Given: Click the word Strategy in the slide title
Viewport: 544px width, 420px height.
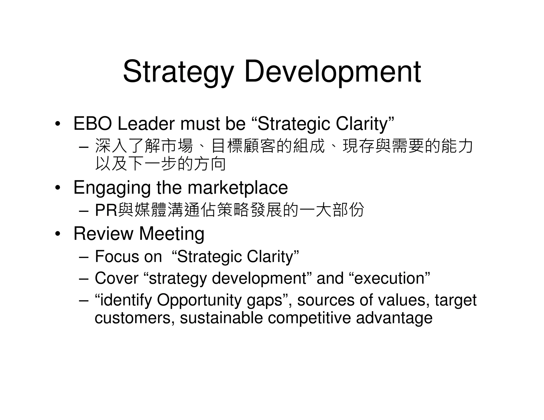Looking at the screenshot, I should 178,72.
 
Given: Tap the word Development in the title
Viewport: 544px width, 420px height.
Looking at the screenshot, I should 332,72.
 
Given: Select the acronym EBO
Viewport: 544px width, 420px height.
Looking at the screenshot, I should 93,124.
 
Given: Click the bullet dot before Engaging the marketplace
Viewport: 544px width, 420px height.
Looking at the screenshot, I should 58,188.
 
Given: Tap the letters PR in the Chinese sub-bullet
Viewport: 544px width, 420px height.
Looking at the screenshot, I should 106,210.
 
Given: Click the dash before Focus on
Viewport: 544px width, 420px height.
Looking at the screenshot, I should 84,257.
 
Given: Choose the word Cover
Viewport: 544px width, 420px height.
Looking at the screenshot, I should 117,278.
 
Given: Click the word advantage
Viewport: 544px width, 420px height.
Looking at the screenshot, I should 394,318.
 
